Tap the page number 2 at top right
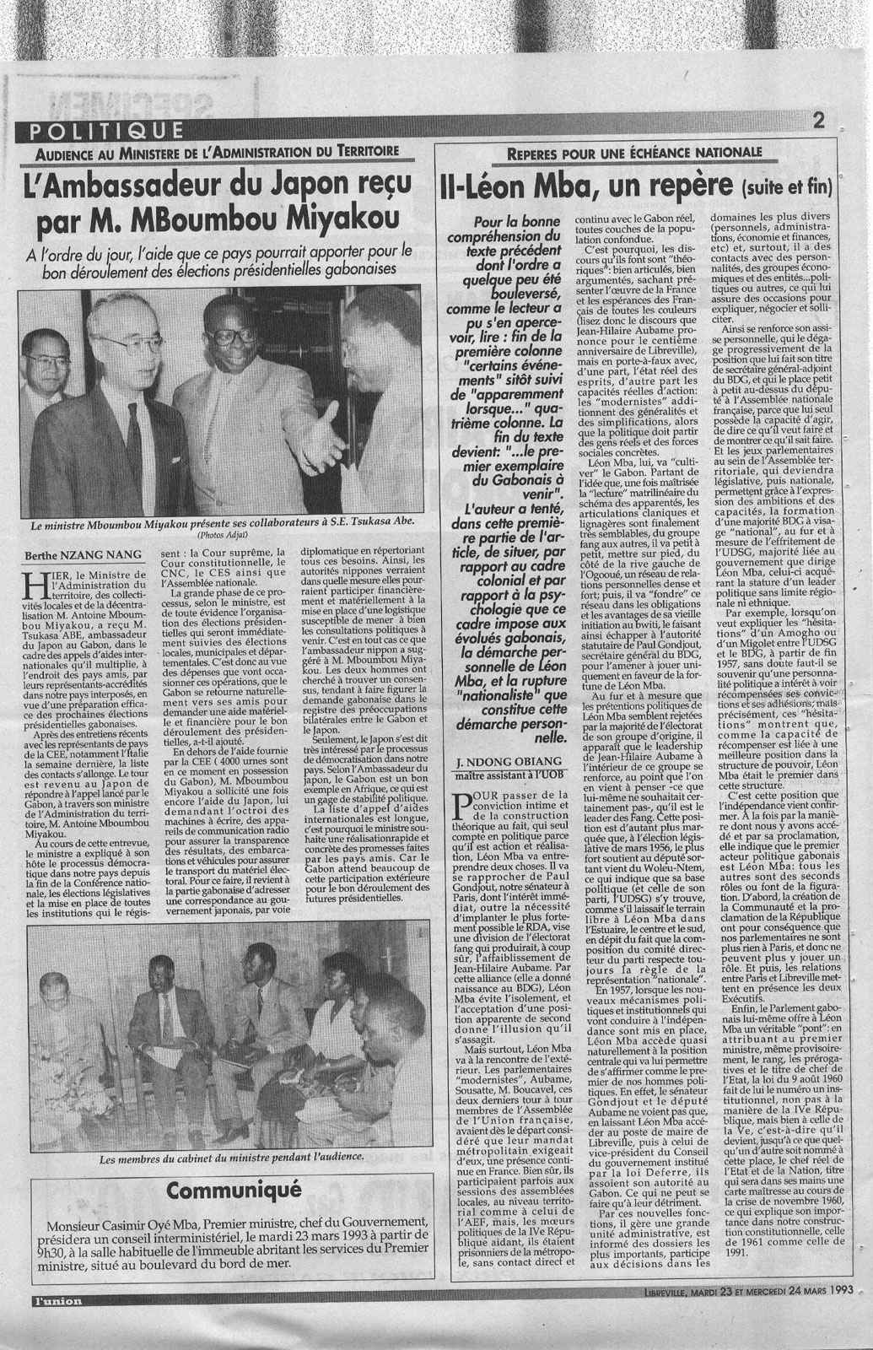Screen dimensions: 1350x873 click(818, 121)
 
